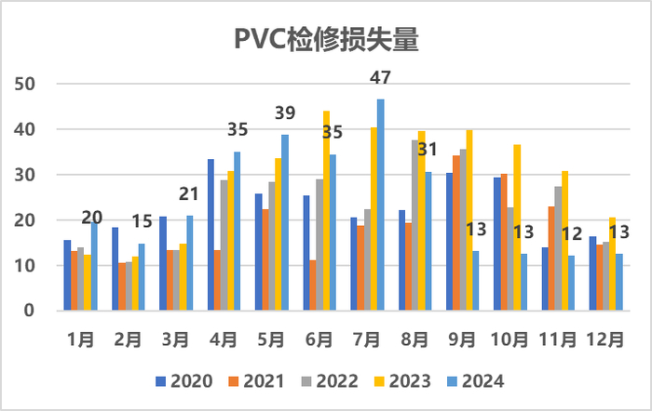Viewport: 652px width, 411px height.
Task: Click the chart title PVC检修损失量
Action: click(325, 41)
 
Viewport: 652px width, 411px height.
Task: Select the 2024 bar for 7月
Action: click(381, 205)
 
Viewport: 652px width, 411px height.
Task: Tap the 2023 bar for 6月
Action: click(326, 211)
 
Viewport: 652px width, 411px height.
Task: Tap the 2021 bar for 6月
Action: click(312, 285)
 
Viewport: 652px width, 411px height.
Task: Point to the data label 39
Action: click(286, 113)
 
